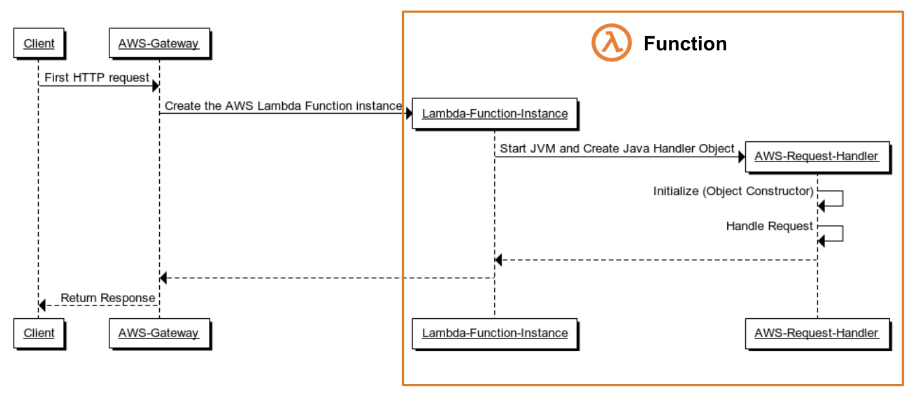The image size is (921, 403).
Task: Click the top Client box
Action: (x=39, y=44)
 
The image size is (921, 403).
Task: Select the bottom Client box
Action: (x=39, y=334)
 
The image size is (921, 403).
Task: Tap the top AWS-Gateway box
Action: (x=159, y=44)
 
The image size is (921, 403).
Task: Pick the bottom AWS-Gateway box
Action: (x=159, y=334)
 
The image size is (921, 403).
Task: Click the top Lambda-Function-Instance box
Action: (x=494, y=114)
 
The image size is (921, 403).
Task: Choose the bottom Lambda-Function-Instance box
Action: (x=494, y=334)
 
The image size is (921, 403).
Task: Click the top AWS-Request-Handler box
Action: (x=816, y=157)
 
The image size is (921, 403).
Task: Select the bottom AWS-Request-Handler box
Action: (x=816, y=334)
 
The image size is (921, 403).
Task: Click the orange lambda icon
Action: (x=611, y=43)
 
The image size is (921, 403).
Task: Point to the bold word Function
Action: (x=685, y=44)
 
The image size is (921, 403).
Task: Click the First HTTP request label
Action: (x=97, y=78)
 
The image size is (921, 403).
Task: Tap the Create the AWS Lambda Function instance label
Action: (x=283, y=106)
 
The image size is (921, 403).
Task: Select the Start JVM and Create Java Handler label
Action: (x=617, y=149)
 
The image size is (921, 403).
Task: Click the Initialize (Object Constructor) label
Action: (x=733, y=191)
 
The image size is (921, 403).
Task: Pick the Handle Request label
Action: (x=769, y=227)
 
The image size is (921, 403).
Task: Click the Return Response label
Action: (x=108, y=299)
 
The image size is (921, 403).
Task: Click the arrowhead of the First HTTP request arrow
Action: (x=156, y=86)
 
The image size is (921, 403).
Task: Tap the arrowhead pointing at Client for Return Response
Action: (x=42, y=305)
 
